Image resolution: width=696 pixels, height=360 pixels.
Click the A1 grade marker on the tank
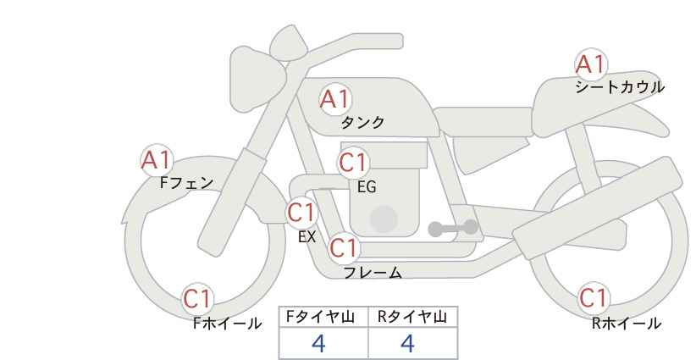(335, 99)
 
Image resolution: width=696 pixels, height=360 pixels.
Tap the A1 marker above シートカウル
(591, 64)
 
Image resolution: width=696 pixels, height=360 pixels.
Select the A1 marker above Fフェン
(156, 160)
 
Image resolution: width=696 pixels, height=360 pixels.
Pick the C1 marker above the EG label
(353, 163)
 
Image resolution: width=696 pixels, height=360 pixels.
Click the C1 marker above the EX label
(301, 213)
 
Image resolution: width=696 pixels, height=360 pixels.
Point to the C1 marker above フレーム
(344, 247)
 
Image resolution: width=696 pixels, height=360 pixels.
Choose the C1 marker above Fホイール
(197, 299)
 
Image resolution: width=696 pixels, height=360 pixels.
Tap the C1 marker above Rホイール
(594, 298)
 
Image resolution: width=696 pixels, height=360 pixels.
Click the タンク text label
(362, 123)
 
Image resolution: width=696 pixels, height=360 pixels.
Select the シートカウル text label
(620, 87)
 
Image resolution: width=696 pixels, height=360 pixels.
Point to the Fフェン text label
(186, 183)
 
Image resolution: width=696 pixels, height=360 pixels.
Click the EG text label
(367, 187)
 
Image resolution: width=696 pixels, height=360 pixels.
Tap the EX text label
(307, 237)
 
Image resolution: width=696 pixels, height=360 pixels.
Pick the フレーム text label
(373, 273)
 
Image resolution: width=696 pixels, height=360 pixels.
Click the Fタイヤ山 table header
(320, 317)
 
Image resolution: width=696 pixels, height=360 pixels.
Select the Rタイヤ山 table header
(412, 317)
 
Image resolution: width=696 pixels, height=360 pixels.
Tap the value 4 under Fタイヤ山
(318, 344)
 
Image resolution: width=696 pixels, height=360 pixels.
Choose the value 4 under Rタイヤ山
(407, 344)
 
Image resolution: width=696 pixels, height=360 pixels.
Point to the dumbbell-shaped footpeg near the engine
(453, 228)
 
